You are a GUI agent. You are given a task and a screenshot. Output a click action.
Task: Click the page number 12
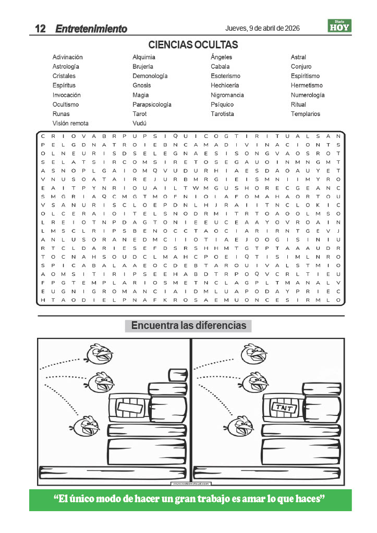coord(40,29)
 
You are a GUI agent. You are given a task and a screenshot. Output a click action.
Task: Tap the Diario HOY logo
coord(339,26)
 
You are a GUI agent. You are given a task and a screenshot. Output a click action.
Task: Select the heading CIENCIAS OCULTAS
coord(193,45)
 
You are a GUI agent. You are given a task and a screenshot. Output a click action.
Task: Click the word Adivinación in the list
coord(67,57)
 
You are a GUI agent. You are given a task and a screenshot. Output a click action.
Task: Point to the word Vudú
coord(139,123)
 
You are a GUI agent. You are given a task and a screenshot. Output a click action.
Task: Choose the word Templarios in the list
coord(306,114)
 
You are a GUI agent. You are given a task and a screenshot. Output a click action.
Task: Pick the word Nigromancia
coord(227,95)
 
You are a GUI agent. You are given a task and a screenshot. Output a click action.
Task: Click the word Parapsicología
coord(152,105)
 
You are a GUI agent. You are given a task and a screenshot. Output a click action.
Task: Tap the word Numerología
coord(308,95)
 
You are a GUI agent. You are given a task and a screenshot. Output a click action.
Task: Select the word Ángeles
coord(221,57)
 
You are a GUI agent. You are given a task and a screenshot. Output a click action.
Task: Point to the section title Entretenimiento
coord(91,29)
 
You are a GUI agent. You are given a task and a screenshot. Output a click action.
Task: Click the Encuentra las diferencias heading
coord(188,326)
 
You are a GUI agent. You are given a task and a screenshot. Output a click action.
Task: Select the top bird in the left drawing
coord(100,354)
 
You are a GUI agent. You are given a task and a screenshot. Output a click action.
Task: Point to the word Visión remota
coord(70,123)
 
